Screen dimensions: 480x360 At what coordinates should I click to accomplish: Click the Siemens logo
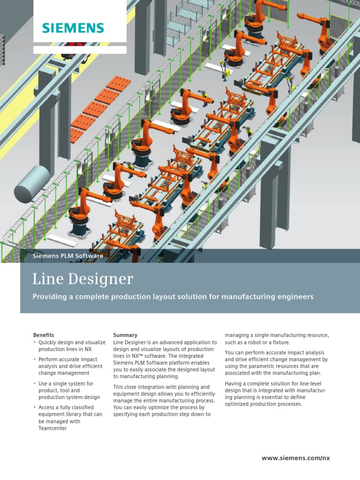[73, 28]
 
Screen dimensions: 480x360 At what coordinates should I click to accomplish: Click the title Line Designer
[82, 279]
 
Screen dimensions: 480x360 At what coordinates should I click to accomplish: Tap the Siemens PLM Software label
[68, 256]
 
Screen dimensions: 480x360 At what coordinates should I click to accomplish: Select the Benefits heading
[44, 335]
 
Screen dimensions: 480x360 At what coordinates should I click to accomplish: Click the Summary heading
[125, 335]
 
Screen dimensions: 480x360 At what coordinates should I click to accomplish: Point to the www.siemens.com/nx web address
[296, 458]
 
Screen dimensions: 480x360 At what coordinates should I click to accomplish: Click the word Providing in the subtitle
[50, 297]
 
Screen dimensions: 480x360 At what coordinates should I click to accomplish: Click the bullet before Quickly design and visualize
[34, 343]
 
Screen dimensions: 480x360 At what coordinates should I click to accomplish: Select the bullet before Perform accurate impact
[34, 360]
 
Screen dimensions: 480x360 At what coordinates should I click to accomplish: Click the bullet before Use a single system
[34, 384]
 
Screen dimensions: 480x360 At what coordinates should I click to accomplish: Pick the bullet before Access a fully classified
[34, 408]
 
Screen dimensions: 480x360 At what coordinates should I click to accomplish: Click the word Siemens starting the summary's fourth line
[124, 363]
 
